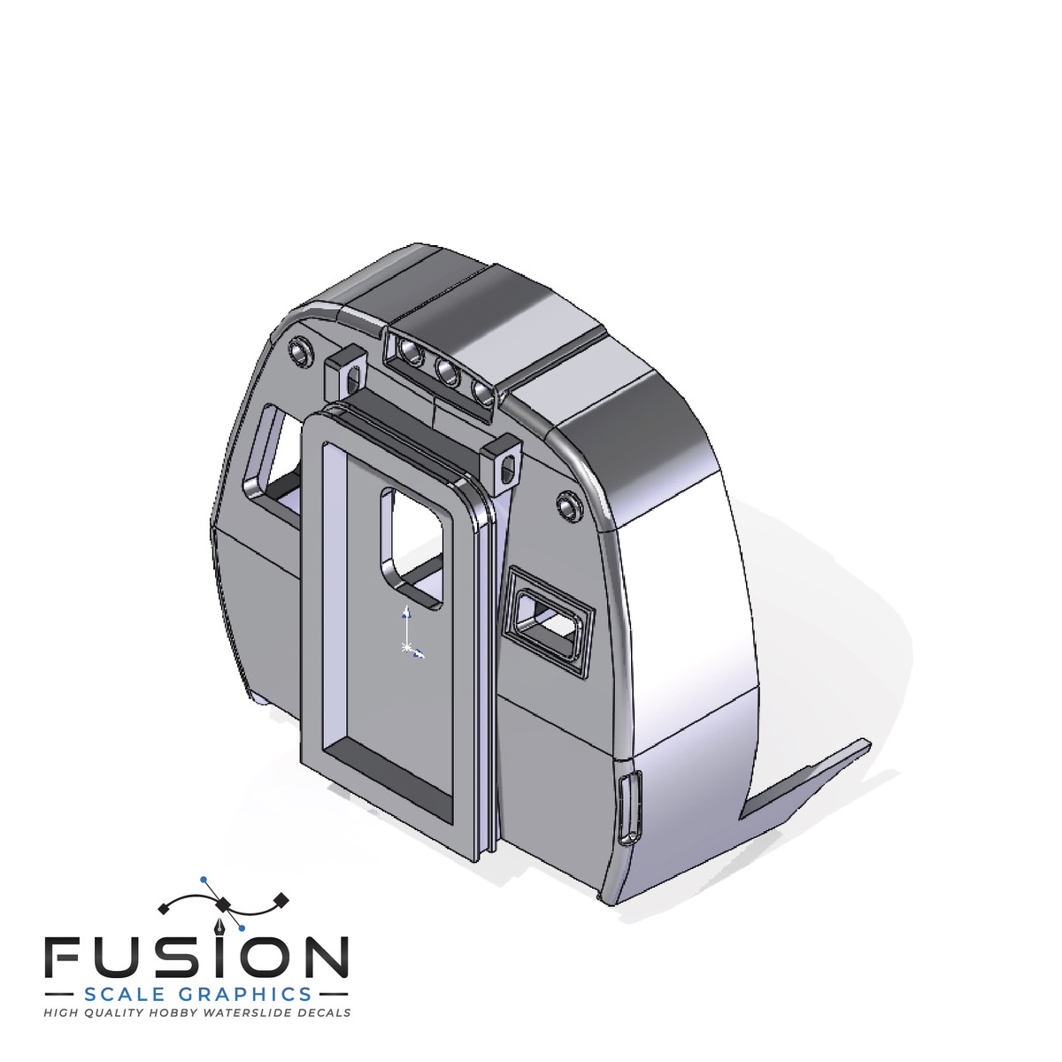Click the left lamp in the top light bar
point(412,350)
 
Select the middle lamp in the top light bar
point(448,372)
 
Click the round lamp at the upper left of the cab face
point(300,351)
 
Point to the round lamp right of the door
point(569,504)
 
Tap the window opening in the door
point(412,547)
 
